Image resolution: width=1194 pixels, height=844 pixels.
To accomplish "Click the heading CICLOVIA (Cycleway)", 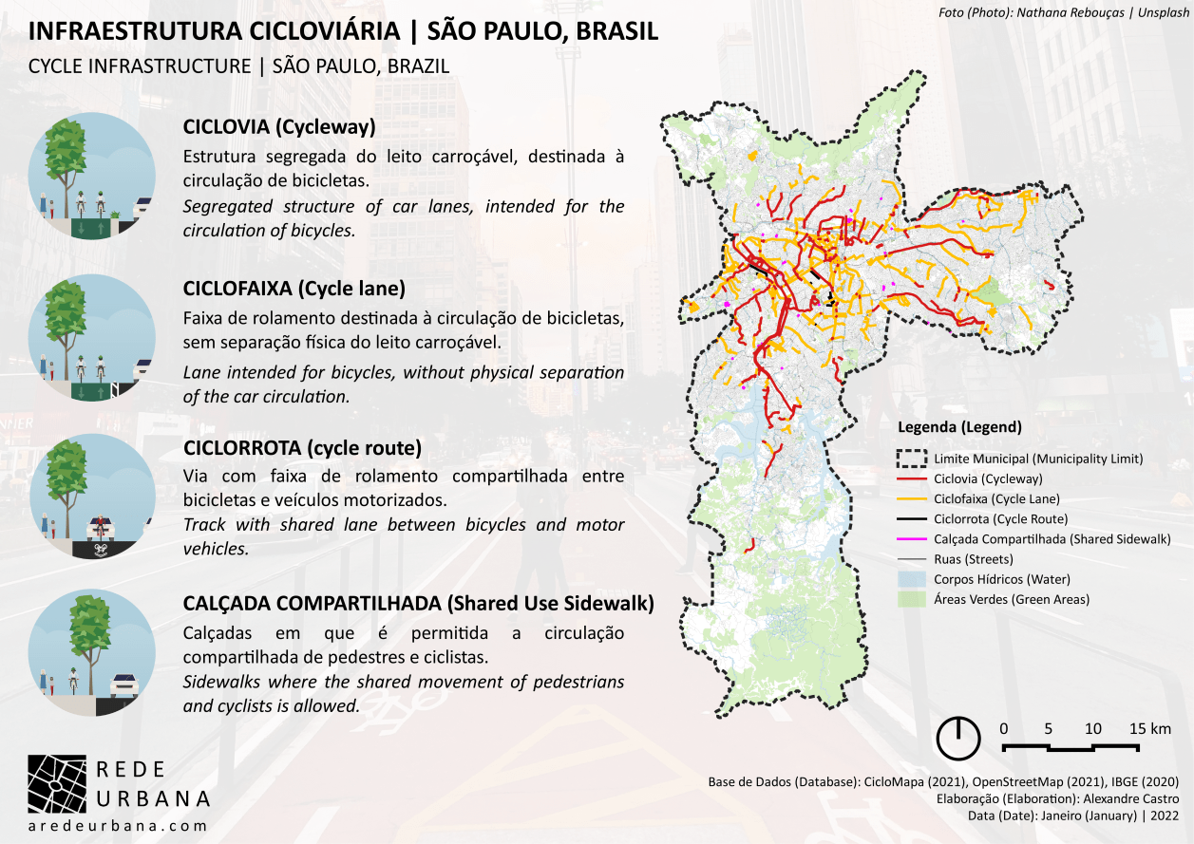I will tap(279, 127).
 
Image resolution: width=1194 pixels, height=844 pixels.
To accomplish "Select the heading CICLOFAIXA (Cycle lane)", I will tap(294, 288).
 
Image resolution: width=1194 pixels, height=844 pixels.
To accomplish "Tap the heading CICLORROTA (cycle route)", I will tap(301, 446).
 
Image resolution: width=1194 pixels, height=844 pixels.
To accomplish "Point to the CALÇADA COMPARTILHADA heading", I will tap(418, 603).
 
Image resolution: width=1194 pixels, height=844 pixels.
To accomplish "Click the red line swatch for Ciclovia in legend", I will tap(912, 478).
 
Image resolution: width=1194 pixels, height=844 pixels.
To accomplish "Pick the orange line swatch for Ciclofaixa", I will tap(912, 498).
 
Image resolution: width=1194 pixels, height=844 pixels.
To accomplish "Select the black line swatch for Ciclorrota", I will tap(912, 519).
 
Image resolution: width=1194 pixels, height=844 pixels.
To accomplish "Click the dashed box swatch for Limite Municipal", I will tap(912, 459).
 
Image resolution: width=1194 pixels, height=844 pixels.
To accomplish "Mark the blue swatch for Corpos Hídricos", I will tap(912, 579).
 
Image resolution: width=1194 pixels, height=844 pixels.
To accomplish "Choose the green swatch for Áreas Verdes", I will tap(912, 599).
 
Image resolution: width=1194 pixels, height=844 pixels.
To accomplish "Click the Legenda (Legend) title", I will tap(959, 427).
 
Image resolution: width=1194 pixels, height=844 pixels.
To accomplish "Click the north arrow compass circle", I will tap(960, 738).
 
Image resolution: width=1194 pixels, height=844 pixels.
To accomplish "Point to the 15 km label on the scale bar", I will tap(1150, 728).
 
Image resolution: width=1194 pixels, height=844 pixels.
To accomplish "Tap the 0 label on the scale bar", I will tap(1004, 728).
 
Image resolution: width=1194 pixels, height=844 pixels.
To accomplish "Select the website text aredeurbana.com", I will tap(118, 827).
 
